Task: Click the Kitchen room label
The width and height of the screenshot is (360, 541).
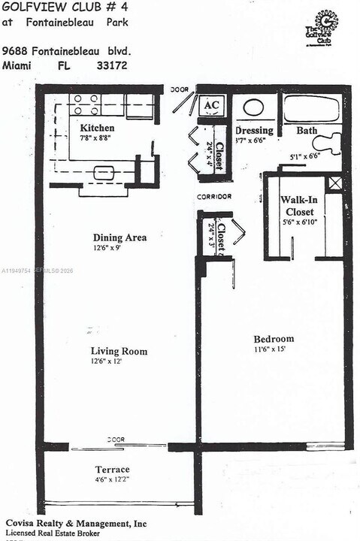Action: click(97, 128)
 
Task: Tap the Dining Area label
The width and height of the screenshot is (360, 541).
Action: click(119, 238)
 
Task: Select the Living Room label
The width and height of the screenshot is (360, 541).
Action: click(119, 351)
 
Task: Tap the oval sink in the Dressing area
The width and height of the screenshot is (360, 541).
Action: click(253, 107)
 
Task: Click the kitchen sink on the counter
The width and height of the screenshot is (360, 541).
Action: click(104, 173)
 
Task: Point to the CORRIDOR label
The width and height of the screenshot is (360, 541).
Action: click(214, 197)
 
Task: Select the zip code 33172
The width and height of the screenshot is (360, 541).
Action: click(110, 66)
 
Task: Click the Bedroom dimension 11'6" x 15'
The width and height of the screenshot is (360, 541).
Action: click(271, 349)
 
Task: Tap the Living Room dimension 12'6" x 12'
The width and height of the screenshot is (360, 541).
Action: click(107, 361)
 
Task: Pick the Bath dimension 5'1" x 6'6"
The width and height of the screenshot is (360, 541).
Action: click(305, 156)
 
